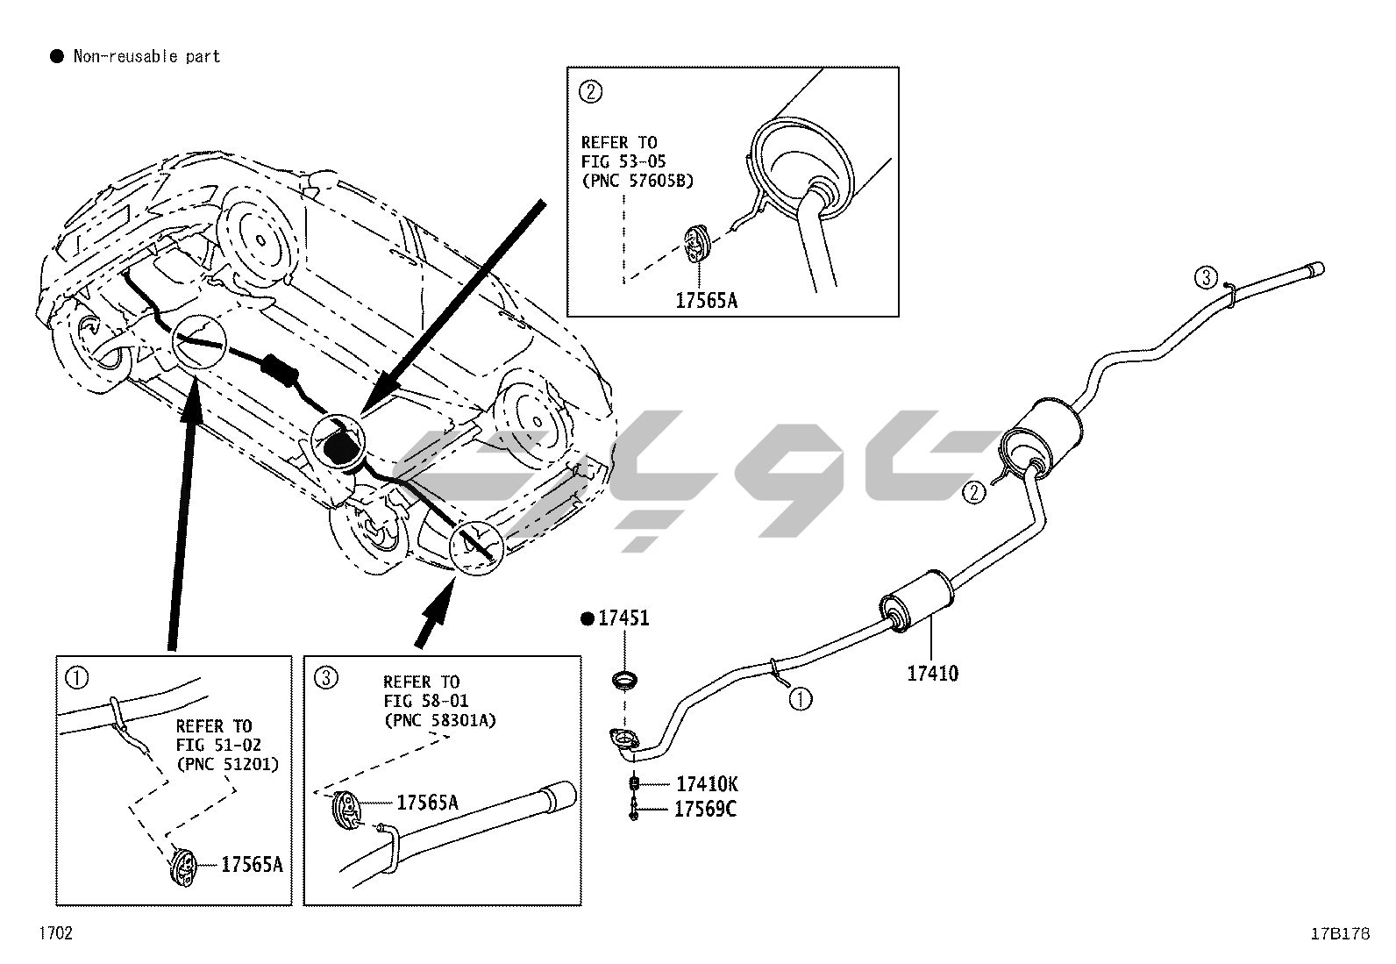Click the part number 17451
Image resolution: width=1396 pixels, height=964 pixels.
tap(623, 618)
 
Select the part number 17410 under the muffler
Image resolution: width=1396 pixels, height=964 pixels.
tap(932, 674)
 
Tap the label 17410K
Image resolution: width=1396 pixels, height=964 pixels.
tap(707, 784)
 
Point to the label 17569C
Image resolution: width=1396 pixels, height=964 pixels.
tap(705, 809)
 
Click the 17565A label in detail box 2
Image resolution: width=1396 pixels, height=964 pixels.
tap(706, 301)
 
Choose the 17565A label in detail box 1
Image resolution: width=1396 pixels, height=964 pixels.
tap(252, 865)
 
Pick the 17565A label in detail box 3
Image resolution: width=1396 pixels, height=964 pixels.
tap(427, 802)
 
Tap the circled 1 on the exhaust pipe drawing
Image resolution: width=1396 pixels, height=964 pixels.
tap(800, 699)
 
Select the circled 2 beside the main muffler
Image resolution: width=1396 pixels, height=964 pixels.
tap(973, 492)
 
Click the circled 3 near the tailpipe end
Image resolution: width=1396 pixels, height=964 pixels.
tap(1206, 278)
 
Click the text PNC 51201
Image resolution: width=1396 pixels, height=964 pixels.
tap(227, 763)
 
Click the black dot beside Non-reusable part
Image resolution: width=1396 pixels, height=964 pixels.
tap(57, 57)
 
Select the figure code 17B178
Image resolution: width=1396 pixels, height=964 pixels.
tap(1340, 934)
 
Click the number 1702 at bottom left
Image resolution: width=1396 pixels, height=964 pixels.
tap(55, 932)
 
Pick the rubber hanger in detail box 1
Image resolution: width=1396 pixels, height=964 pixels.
tap(183, 868)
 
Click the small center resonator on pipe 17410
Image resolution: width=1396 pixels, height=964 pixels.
tap(916, 601)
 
